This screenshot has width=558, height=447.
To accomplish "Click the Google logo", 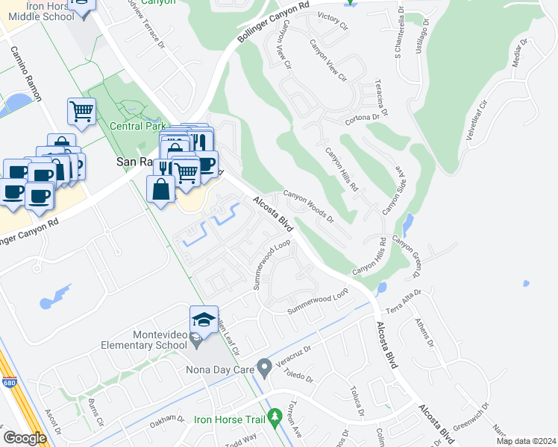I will click(x=25, y=438).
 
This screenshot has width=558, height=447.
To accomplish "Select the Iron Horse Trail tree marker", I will click(x=275, y=414).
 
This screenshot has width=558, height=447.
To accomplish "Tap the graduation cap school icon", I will click(x=204, y=320).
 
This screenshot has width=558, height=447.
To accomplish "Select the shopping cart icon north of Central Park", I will click(x=81, y=112).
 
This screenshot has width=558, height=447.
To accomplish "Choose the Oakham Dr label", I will click(x=165, y=420).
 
